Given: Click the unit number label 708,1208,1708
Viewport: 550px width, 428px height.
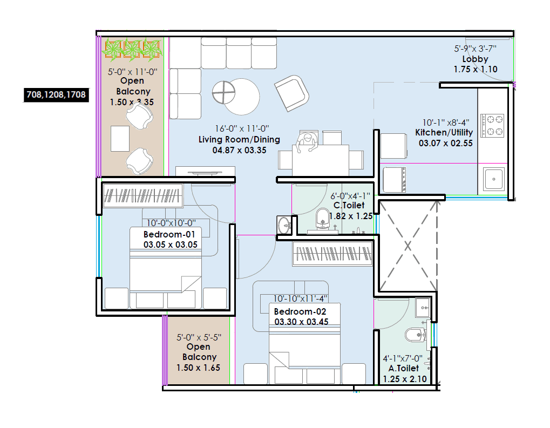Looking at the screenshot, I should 56,95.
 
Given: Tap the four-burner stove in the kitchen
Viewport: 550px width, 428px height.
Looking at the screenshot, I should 492,125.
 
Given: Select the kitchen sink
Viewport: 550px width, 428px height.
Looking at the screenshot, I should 493,178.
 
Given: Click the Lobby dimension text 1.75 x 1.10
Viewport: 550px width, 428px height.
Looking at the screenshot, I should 475,69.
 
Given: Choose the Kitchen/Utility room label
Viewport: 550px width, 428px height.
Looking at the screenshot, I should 444,133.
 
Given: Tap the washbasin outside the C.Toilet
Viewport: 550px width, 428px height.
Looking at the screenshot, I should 283,224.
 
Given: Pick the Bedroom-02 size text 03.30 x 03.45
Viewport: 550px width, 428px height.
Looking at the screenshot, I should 301,322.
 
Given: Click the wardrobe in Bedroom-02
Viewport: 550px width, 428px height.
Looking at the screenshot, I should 332,253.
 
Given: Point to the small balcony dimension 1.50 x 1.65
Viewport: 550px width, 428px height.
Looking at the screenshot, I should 198,367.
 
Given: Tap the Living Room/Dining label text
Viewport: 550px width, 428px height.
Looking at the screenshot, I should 239,140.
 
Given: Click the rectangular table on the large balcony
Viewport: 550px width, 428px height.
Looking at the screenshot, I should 120,138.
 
